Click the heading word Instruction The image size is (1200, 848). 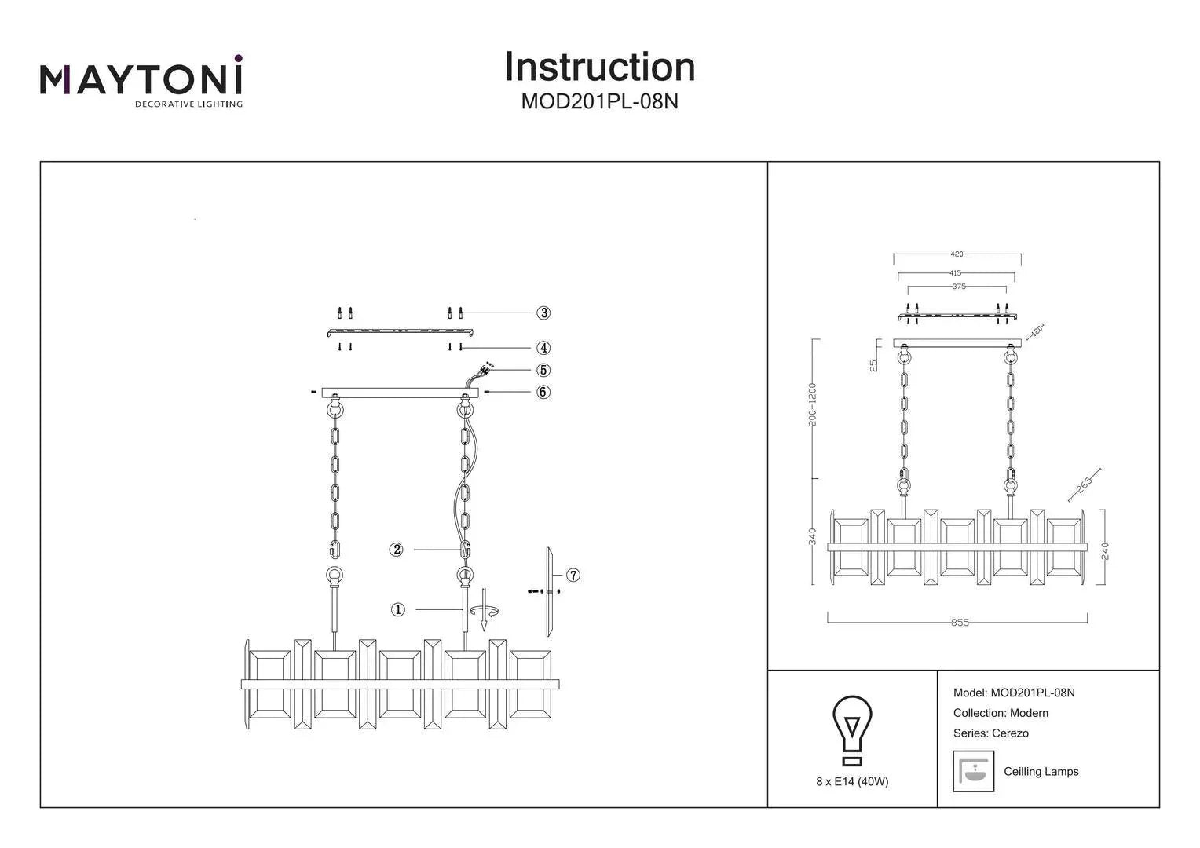[599, 67]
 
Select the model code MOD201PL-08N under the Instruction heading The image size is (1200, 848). [599, 102]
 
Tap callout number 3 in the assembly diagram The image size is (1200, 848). [543, 313]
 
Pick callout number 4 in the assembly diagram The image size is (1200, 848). [543, 348]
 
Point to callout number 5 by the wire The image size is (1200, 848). [543, 370]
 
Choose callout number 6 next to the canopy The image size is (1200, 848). [543, 392]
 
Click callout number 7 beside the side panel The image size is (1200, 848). [573, 576]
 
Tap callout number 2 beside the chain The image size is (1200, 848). [397, 550]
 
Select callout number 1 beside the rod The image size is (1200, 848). [398, 609]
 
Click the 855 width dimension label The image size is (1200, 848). [960, 623]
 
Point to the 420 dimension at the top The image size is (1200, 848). [957, 254]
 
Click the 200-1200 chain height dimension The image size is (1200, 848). [813, 405]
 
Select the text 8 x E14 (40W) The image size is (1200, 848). [852, 782]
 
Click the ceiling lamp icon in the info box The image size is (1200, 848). [973, 771]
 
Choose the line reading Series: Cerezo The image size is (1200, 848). [990, 733]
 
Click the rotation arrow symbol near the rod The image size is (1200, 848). [485, 611]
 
